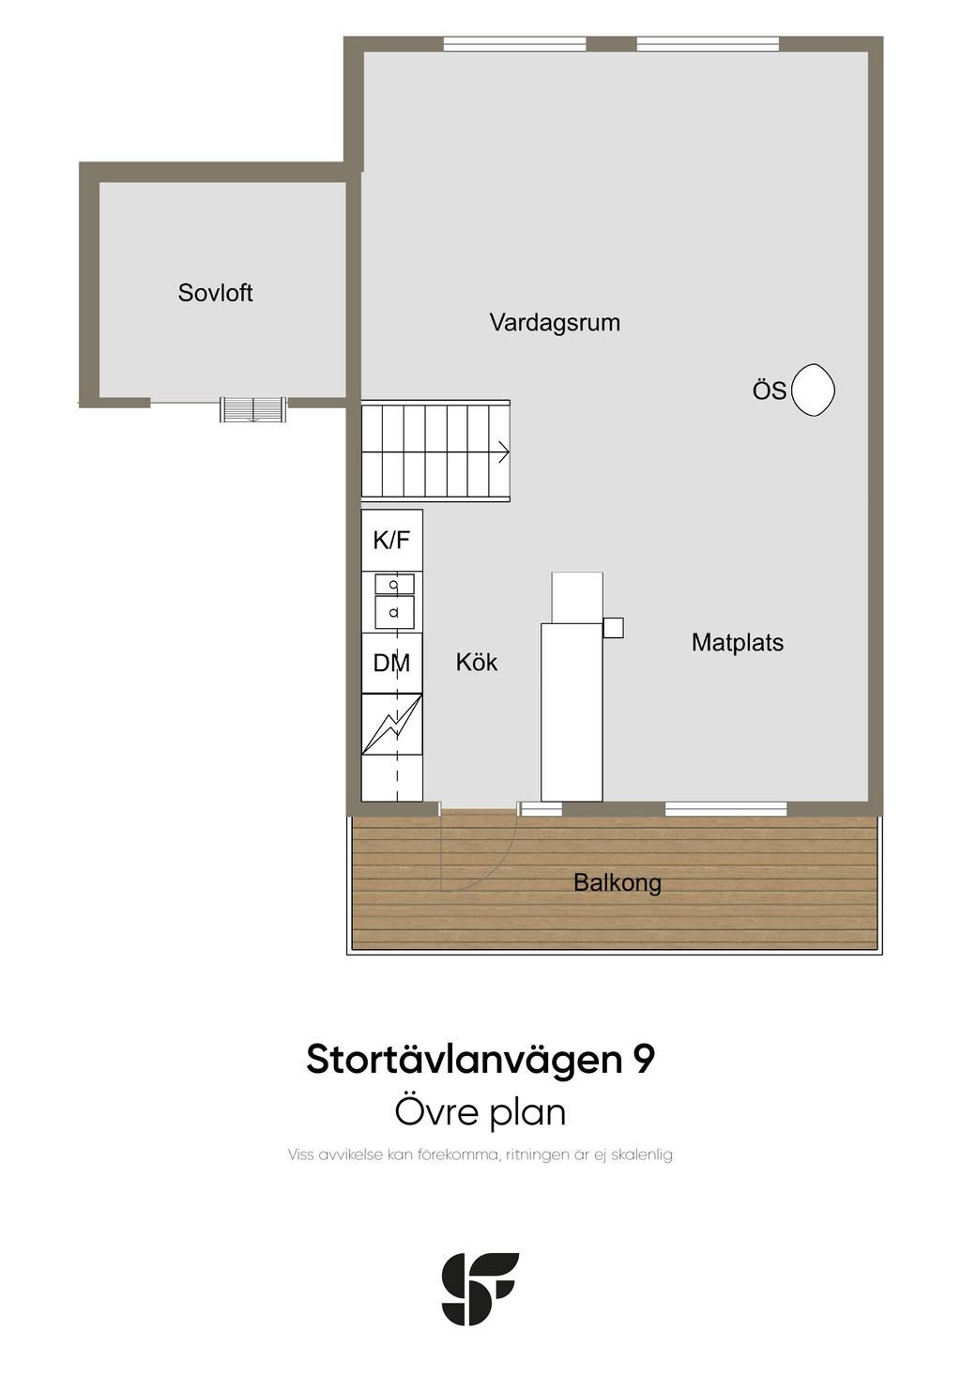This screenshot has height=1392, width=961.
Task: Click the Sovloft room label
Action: (215, 293)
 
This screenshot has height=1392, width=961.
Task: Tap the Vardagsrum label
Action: (555, 323)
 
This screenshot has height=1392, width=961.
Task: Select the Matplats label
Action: (738, 643)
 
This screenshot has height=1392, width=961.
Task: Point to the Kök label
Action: (477, 662)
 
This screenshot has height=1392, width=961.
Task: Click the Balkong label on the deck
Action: (617, 882)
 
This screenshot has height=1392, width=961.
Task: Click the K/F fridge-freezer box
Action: (392, 540)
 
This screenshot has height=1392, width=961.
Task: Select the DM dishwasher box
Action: (392, 663)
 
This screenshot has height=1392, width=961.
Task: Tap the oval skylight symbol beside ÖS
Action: (813, 390)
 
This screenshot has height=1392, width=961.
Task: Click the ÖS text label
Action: (770, 390)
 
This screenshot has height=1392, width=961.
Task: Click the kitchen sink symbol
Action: (394, 602)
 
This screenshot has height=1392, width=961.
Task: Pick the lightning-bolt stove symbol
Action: (392, 725)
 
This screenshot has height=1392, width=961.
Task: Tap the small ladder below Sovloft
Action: (253, 409)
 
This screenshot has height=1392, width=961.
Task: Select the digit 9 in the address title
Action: (644, 1059)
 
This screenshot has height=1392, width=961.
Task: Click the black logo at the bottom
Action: (480, 1289)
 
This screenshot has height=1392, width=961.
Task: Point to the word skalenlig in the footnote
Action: (642, 1155)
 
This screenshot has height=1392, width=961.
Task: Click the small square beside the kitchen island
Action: (613, 628)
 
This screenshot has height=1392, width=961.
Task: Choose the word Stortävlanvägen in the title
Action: (464, 1060)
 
